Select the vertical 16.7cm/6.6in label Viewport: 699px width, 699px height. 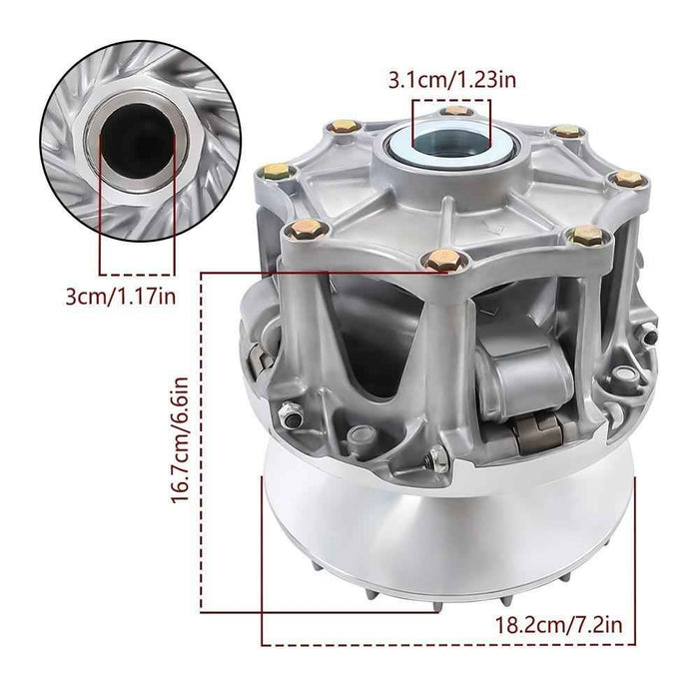point(182,439)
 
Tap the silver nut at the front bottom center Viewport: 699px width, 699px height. point(436,458)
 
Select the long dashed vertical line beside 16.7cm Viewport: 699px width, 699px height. point(203,439)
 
